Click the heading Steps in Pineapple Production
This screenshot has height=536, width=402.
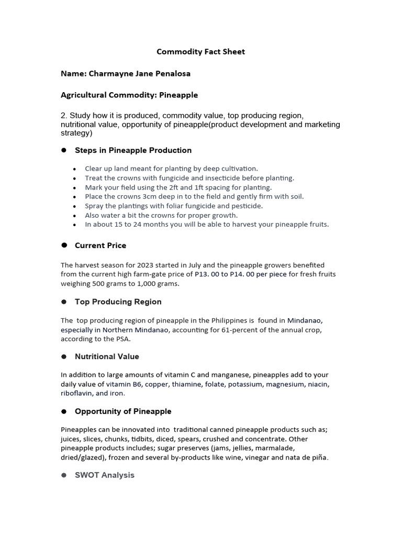(133, 150)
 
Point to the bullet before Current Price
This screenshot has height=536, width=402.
(64, 245)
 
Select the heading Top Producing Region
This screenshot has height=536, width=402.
(118, 301)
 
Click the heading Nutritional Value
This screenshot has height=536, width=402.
(107, 356)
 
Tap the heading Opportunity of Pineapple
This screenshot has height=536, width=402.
(123, 411)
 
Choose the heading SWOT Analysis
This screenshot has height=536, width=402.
(105, 475)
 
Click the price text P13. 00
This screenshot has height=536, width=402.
(207, 274)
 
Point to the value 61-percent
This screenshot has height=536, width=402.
(241, 330)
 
